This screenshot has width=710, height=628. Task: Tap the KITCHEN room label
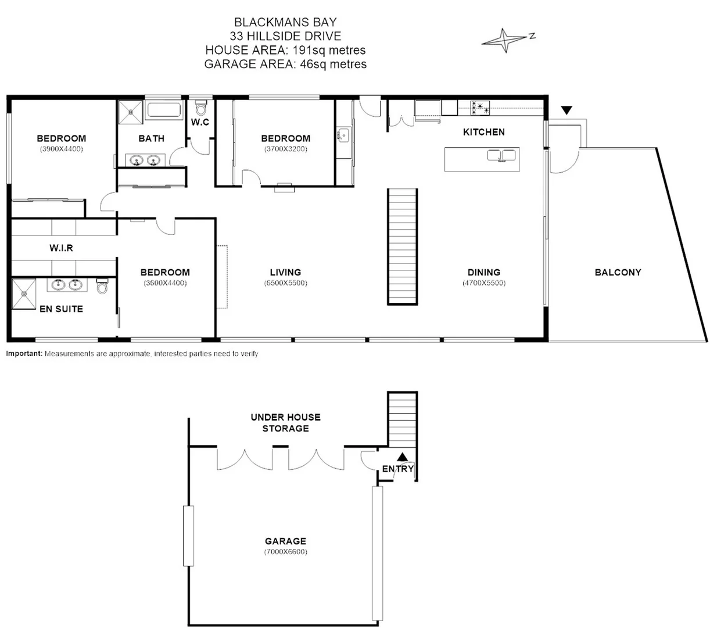[x=483, y=132]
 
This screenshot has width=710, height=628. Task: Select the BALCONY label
[x=618, y=272]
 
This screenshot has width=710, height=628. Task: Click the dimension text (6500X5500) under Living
[x=285, y=283]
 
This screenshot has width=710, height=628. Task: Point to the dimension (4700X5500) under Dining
[x=484, y=283]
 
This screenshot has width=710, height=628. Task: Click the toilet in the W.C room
[x=201, y=108]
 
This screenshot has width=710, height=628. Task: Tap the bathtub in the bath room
[x=165, y=110]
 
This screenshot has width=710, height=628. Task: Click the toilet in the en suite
[x=103, y=287]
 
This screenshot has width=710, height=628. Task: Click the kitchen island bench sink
[x=502, y=155]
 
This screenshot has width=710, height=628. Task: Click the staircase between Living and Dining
[x=403, y=246]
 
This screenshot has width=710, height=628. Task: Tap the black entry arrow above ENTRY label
[x=402, y=457]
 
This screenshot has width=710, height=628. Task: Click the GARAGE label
[x=285, y=541]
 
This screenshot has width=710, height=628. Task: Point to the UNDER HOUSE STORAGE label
[x=285, y=423]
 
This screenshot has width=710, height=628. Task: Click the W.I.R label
[x=61, y=248]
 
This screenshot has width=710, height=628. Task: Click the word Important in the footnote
[x=24, y=354]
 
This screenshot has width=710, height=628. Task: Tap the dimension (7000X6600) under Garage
[x=285, y=552]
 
